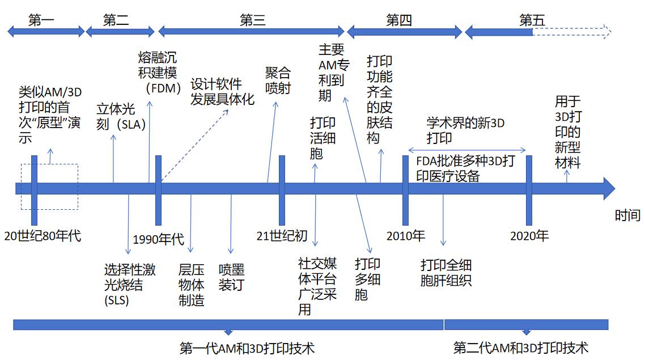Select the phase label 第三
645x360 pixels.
click(252, 20)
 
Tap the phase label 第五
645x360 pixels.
click(532, 20)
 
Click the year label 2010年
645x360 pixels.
click(406, 236)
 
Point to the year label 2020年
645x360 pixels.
click(529, 236)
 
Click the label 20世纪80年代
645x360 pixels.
click(43, 235)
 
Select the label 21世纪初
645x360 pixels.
click(282, 236)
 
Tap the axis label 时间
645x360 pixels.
click(627, 215)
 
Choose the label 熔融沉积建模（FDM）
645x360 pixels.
click(160, 73)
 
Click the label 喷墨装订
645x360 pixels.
click(231, 277)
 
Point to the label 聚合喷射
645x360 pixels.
click(278, 81)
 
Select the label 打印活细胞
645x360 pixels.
click(322, 138)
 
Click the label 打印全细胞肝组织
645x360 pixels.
click(446, 273)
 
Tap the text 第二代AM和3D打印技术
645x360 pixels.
click(521, 347)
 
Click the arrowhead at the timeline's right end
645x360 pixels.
click(609, 188)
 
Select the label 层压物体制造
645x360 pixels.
click(192, 285)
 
